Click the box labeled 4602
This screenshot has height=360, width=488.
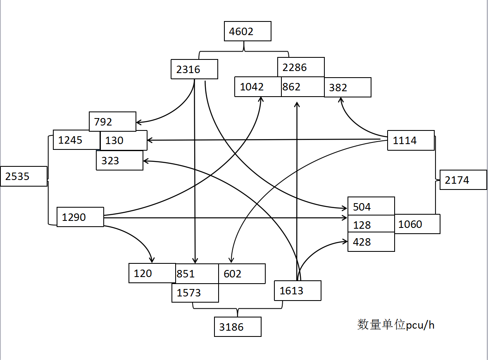click(248, 31)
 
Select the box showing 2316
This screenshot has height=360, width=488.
click(194, 69)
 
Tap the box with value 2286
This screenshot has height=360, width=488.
click(301, 67)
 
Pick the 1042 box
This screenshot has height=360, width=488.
click(258, 87)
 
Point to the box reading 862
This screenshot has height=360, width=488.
click(302, 87)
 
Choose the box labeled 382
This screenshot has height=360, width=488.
click(348, 87)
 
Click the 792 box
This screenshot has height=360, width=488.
click(112, 121)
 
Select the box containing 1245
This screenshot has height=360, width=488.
click(76, 140)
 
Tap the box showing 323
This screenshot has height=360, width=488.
click(119, 160)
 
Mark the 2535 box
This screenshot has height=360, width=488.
click(24, 176)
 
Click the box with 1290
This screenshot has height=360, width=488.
click(80, 217)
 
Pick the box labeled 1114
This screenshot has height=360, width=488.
click(411, 140)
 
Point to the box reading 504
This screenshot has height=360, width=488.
click(371, 206)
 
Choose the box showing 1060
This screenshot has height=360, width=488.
click(417, 224)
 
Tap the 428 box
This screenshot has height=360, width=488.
click(371, 242)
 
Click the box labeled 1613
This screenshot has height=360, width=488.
click(298, 291)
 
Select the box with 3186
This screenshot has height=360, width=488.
click(238, 327)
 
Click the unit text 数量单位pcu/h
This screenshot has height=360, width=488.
click(396, 325)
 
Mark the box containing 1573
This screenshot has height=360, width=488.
click(195, 293)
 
